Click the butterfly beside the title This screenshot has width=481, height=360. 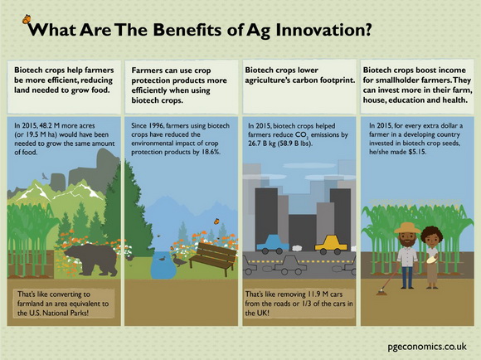click(x=27, y=19)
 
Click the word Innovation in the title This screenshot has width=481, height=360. click(x=323, y=30)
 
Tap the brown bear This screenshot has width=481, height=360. click(x=91, y=259)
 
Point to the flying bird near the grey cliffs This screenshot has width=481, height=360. click(x=45, y=176)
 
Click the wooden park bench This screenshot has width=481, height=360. click(x=213, y=259)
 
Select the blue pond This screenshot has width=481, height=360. click(x=164, y=265)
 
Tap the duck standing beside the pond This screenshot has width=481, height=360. click(x=178, y=260)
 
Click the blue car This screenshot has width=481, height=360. click(x=273, y=245)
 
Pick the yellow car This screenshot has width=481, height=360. click(x=331, y=245)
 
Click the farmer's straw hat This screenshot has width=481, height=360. click(x=407, y=228)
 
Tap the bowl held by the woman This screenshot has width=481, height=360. click(x=432, y=260)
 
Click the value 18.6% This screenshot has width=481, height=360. click(x=211, y=152)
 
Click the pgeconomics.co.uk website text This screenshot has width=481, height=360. click(x=427, y=347)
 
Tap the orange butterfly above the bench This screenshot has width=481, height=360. click(x=216, y=221)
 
